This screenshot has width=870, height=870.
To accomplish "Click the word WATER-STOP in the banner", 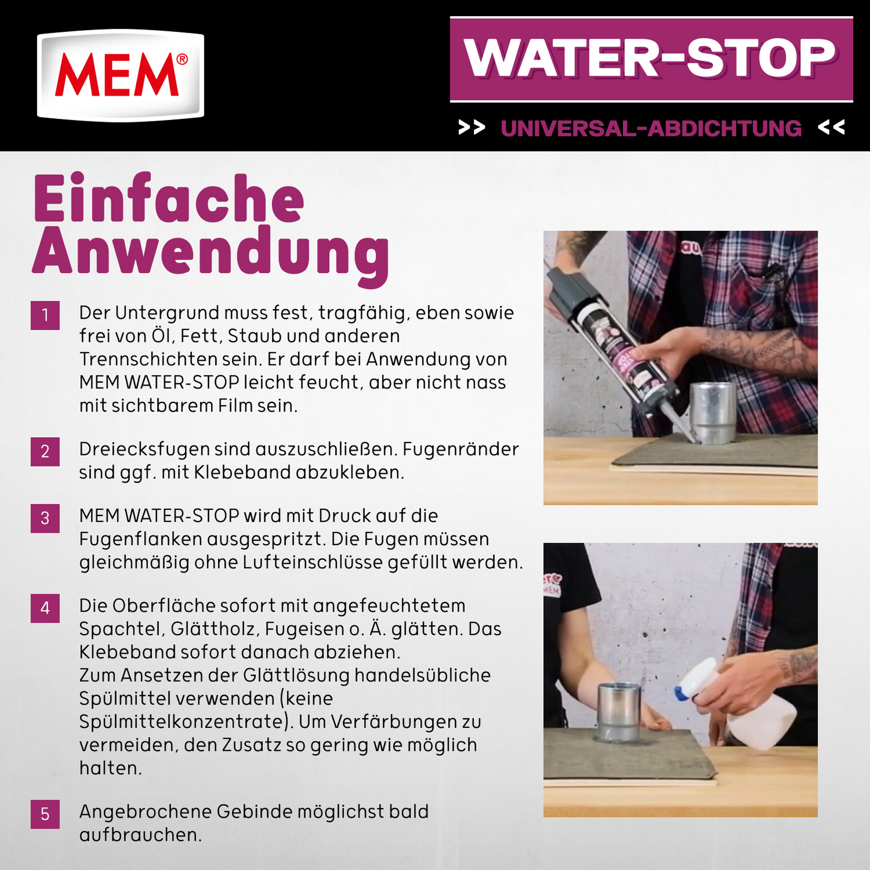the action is pos(650,59).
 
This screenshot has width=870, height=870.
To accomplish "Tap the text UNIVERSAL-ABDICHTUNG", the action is pos(651,128).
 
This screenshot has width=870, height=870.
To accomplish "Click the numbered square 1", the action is pos(45,315).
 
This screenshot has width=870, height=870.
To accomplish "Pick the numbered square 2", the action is pos(45,452).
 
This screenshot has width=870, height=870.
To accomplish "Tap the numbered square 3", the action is pos(45,519).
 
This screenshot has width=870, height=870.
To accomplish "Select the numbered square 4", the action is pos(45,609).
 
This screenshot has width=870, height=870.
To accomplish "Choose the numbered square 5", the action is pos(45,814).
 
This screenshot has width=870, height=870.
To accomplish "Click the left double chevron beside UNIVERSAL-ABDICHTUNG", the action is pos(471,127).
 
